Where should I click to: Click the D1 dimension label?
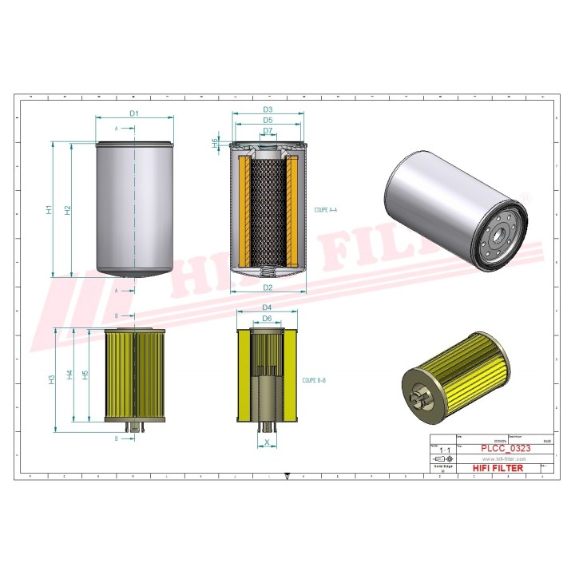(134, 113)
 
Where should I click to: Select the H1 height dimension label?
(49, 210)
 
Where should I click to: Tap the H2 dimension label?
(68, 210)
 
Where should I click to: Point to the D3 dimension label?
(268, 109)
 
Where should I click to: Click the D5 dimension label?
(268, 120)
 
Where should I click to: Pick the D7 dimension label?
(268, 130)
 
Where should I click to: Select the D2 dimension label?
(268, 287)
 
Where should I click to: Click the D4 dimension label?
(268, 307)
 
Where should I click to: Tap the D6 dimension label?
(268, 318)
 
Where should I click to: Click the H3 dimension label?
(50, 380)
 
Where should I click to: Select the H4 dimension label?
(70, 375)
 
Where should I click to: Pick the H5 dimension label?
(85, 374)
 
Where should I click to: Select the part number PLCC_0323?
(504, 449)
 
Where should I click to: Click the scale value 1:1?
(443, 450)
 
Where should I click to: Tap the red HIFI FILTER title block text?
(497, 468)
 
